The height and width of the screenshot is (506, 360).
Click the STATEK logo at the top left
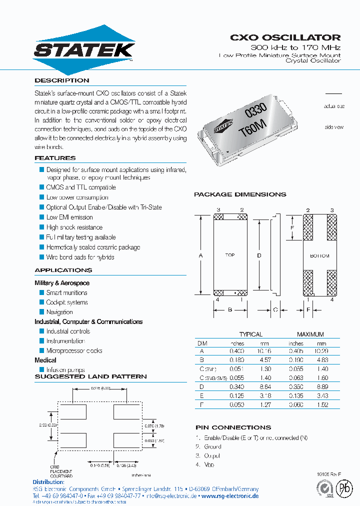point(83,49)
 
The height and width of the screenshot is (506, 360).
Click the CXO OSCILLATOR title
point(285,37)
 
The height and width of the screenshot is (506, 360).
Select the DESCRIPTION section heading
point(62,80)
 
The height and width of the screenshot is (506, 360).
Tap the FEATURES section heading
point(55,158)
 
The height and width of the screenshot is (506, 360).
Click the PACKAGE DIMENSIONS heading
point(240,194)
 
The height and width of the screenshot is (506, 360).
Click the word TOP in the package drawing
point(229,255)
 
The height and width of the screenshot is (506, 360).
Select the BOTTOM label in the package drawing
point(319,255)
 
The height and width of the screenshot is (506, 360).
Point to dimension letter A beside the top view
point(200,255)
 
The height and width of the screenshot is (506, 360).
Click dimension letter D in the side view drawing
point(259,255)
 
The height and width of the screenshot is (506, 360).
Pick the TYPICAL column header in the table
point(250,334)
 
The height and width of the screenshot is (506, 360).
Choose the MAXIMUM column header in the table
point(310,334)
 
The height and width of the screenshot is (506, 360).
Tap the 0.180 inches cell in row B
point(236,359)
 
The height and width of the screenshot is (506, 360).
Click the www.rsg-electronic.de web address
point(229,496)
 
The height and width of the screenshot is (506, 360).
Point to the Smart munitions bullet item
point(66,292)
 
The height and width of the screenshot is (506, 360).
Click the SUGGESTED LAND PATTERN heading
point(90,376)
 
